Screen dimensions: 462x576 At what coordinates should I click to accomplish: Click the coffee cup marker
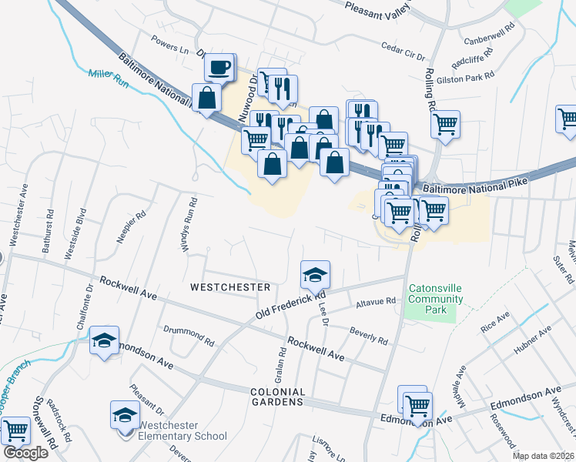(220, 68)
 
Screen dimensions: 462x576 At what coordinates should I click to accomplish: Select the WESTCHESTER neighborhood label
(229, 287)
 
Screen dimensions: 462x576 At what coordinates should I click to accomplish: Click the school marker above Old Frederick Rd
(315, 275)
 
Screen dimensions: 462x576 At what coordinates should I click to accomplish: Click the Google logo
(25, 453)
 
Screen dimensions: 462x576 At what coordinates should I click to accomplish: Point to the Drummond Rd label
(189, 335)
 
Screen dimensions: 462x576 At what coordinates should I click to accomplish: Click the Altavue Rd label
(376, 303)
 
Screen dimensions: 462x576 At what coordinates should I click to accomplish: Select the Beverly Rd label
(368, 336)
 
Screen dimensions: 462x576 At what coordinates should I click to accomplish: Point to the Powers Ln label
(170, 43)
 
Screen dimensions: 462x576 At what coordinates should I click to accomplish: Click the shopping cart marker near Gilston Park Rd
(446, 124)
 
